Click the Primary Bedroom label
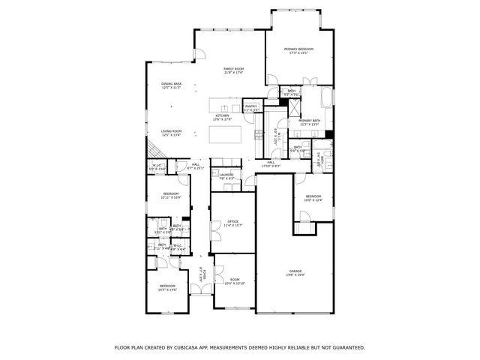pos(298,49)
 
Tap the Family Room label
pos(233,69)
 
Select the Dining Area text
pos(172,83)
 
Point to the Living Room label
pos(172,131)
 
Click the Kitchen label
pos(222,115)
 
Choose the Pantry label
pos(250,106)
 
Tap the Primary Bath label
pos(310,120)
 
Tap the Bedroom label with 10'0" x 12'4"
pos(312,196)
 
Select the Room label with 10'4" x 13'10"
pos(235,279)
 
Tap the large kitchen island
pos(226,134)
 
